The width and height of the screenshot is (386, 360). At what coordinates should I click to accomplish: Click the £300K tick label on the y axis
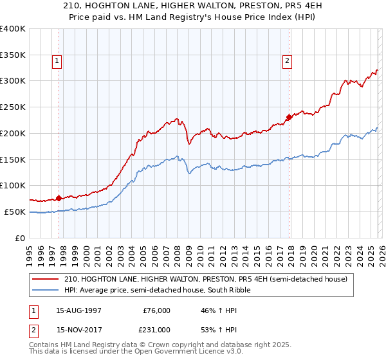13,81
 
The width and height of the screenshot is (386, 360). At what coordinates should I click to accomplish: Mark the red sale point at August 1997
59,198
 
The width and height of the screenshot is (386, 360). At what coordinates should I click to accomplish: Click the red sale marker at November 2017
289,117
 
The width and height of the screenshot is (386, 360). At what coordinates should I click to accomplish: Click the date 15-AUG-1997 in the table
79,310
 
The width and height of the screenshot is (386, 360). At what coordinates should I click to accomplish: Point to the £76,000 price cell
156,310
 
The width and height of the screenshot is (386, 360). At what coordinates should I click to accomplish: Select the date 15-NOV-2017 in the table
79,329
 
